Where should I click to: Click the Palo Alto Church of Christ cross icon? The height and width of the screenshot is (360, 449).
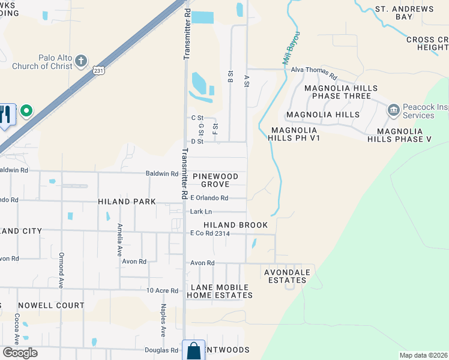[81, 61]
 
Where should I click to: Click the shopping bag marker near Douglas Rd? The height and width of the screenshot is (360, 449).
[194, 351]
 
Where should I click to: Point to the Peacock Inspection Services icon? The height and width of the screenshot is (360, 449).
[394, 109]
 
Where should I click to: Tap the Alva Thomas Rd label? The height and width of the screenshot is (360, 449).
[314, 70]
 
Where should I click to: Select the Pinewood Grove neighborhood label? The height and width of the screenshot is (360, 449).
[215, 180]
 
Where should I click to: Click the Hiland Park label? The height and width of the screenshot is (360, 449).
[127, 202]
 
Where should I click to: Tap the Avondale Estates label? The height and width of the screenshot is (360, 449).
[288, 276]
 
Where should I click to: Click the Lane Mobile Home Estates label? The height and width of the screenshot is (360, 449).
[220, 291]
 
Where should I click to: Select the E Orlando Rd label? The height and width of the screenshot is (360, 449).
[209, 198]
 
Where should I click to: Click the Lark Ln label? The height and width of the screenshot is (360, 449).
[200, 212]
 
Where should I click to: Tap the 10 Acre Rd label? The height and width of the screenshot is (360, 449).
[163, 291]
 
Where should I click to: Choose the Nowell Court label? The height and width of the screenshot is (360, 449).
[51, 305]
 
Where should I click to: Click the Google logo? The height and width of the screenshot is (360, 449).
[20, 353]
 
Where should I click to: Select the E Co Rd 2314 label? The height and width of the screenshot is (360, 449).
[210, 233]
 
